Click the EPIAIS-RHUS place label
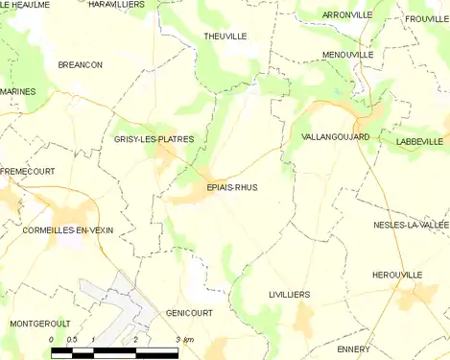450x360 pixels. [x=231, y=188]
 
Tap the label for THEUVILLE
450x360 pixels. [x=225, y=36]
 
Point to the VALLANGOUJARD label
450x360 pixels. [x=335, y=137]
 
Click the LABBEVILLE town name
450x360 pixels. [x=418, y=141]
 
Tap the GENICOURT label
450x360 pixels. [x=188, y=313]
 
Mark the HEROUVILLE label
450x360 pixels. [x=397, y=275]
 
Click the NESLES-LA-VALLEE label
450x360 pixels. [x=411, y=225]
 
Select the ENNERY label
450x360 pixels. [x=354, y=348]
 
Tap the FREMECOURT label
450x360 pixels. [x=27, y=171]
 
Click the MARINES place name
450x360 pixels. [x=17, y=91]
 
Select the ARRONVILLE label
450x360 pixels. [x=346, y=15]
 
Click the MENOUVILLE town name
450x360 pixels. [x=348, y=55]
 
